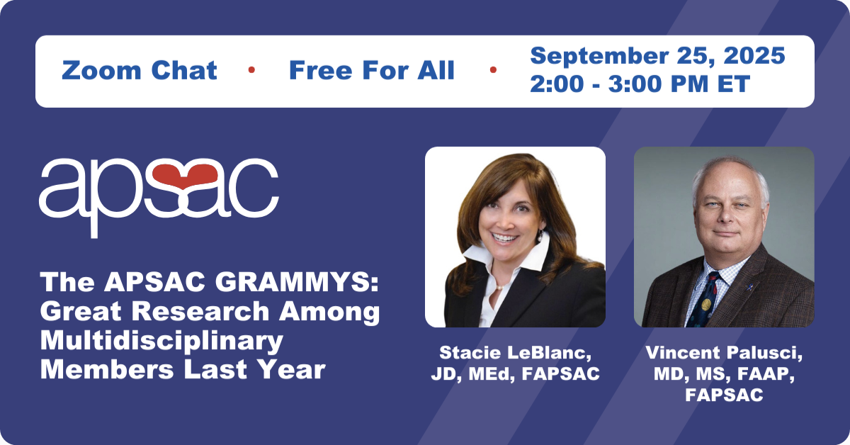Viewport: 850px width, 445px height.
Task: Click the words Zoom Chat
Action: pos(140,70)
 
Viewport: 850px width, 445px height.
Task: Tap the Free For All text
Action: pos(371,70)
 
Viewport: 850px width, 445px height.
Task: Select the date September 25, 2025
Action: pos(657,56)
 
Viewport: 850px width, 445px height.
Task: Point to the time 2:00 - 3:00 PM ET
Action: pos(640,84)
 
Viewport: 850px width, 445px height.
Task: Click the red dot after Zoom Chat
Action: pos(251,69)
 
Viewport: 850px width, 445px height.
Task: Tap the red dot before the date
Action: pos(493,69)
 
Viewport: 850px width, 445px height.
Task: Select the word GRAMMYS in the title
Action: pos(297,283)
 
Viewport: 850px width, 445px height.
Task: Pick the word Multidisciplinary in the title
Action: pos(161,341)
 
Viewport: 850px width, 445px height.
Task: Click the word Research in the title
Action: pos(200,311)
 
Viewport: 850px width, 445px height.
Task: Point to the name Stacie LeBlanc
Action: pos(515,353)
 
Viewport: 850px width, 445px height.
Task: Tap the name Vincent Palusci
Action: pos(724,353)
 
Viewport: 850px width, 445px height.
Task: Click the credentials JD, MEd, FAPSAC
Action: pos(515,374)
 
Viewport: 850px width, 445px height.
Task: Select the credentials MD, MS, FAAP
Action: pos(724,374)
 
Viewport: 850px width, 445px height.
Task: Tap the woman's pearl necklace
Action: pos(499,288)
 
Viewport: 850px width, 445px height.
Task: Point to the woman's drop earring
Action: pos(540,237)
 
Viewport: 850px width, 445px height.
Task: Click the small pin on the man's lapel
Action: pos(749,286)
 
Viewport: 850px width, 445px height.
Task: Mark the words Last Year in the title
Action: pos(254,370)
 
